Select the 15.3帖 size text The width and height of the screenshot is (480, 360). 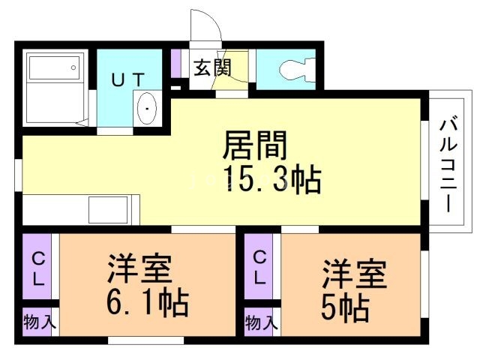coord(271,180)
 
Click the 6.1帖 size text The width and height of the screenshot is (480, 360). coord(147,302)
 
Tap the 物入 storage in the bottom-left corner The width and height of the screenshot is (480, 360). coord(38,323)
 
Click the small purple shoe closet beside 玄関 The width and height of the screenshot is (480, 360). coord(176,63)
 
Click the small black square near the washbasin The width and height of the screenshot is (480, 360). coord(176,88)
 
